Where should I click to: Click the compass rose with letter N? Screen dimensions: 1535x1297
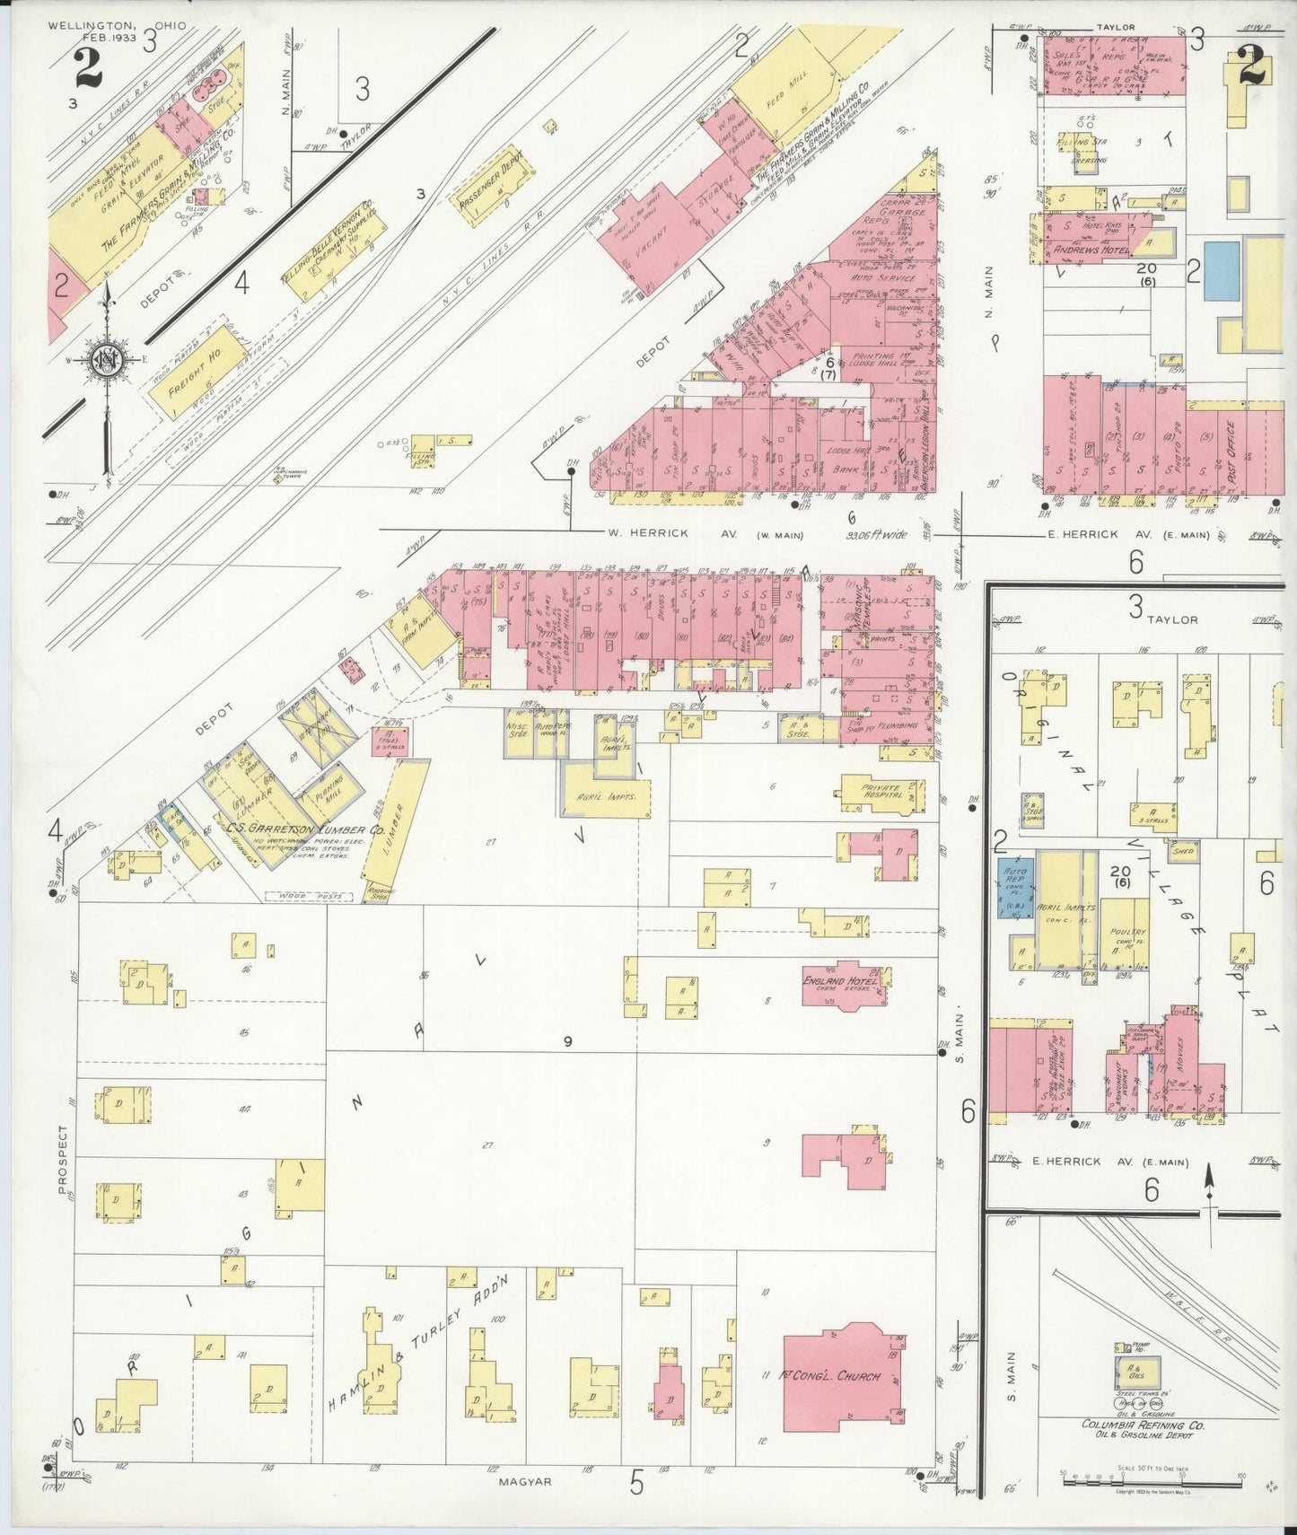click(107, 361)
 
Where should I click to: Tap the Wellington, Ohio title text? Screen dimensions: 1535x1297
click(118, 25)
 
